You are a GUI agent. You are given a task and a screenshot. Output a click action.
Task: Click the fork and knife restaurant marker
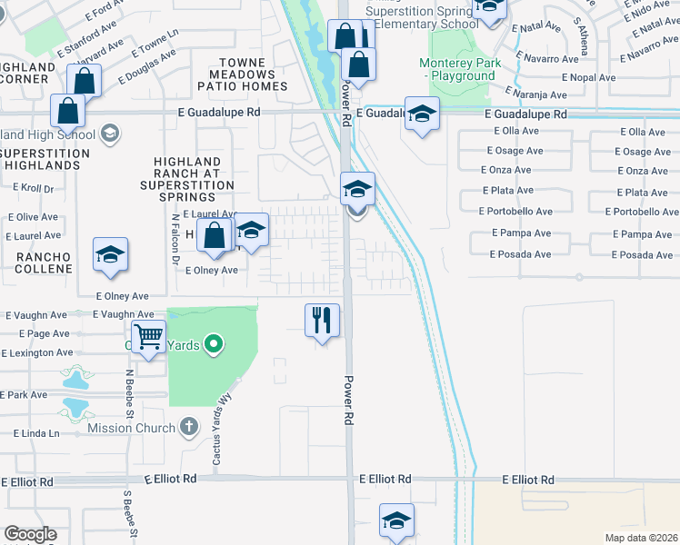[321, 320]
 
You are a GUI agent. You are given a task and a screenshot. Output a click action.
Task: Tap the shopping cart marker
[148, 337]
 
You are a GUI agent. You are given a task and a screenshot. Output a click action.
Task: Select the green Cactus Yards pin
[214, 343]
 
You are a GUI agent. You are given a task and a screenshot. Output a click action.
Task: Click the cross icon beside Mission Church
[189, 426]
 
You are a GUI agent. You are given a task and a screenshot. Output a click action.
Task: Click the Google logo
[30, 534]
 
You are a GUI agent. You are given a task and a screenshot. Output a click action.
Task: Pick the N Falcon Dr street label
[175, 238]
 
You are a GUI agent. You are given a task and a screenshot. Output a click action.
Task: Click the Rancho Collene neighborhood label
[44, 263]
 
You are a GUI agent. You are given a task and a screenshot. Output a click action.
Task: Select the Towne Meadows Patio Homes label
[247, 74]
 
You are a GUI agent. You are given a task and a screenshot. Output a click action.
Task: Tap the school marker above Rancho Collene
[110, 255]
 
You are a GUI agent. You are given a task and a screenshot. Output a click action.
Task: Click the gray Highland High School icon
[109, 135]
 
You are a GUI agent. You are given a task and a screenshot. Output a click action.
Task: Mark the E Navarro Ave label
[545, 59]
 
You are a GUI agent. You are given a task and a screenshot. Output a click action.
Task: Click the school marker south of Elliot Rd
[396, 520]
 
